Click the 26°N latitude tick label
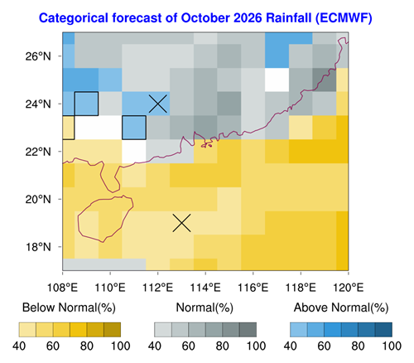[38, 56]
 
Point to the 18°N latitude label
[38, 247]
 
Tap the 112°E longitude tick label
[157, 288]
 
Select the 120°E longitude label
[349, 288]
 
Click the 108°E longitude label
[62, 288]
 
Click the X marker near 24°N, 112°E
[158, 104]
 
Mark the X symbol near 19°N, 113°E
[181, 223]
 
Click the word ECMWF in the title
[344, 18]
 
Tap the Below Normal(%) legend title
[69, 307]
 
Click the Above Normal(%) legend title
[341, 307]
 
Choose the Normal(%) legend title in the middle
[205, 307]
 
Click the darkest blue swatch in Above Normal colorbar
[383, 330]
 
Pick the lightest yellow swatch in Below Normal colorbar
[27, 330]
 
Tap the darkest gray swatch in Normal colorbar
[248, 330]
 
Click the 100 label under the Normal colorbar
[257, 346]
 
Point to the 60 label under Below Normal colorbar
[53, 346]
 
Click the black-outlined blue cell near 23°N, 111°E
[134, 128]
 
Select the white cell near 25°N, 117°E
[277, 80]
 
